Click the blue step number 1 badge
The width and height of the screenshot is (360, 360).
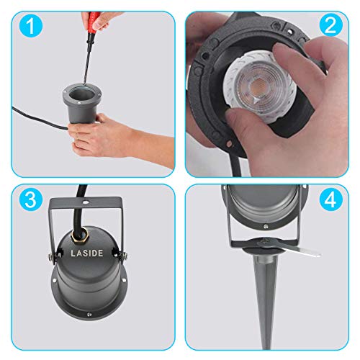(x=31, y=25)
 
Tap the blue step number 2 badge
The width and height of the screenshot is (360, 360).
(x=330, y=25)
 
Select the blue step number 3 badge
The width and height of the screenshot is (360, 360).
(x=31, y=199)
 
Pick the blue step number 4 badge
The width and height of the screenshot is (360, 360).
(x=330, y=199)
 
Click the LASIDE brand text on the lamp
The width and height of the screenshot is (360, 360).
(x=87, y=253)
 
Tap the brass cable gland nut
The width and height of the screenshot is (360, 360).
(x=78, y=237)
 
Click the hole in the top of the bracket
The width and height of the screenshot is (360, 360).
(x=85, y=202)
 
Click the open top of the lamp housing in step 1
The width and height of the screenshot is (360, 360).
(x=81, y=94)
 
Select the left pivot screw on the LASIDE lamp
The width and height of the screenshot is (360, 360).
(x=51, y=256)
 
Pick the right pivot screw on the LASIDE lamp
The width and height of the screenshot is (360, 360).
(x=124, y=256)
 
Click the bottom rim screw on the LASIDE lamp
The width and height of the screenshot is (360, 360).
(x=89, y=314)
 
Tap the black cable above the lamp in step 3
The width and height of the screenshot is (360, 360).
(x=78, y=210)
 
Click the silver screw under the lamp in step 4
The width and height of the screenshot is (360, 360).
(x=266, y=226)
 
